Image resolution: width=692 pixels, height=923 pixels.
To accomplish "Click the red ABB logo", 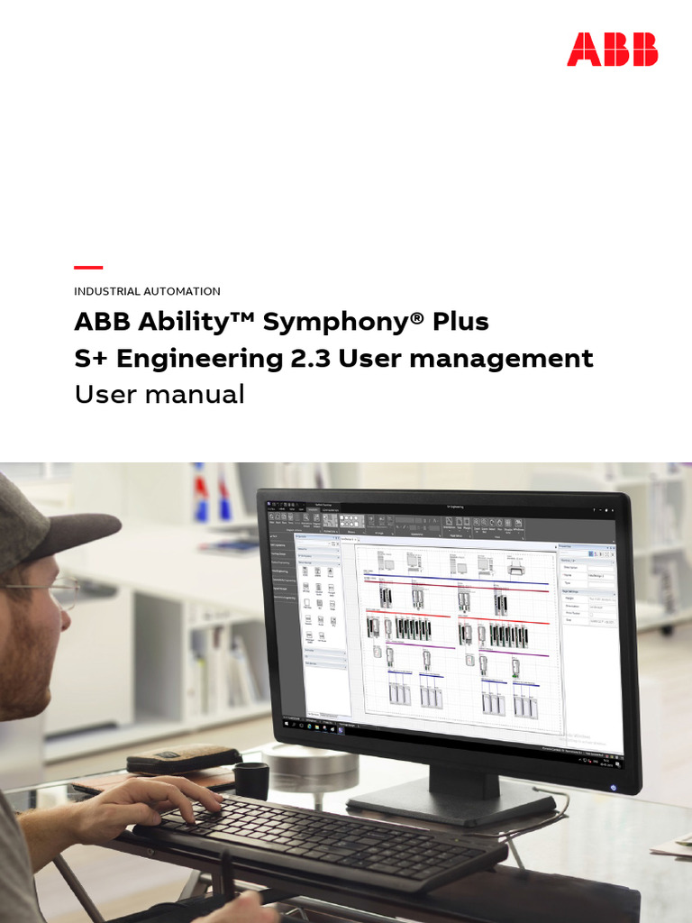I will [x=612, y=50].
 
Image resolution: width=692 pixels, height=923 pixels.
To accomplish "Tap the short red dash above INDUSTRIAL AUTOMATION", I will [x=88, y=268].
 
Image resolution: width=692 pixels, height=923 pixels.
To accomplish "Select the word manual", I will [x=206, y=395].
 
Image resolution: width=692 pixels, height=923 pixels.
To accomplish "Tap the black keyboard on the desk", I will [x=324, y=834].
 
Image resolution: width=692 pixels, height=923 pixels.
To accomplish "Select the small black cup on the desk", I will [x=251, y=779].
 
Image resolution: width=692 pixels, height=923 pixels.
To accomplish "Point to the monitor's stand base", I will [x=451, y=800].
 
